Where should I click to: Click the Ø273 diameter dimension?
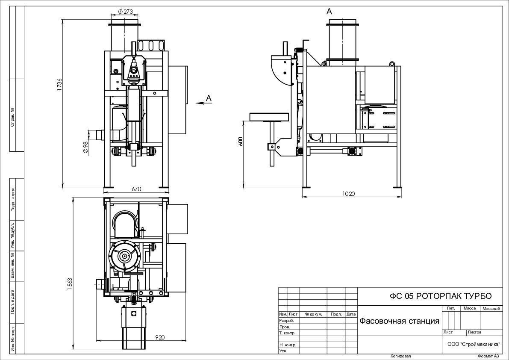[125, 12]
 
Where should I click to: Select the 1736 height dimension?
[59, 85]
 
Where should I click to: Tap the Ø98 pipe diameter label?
[86, 148]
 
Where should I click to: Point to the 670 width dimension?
[137, 189]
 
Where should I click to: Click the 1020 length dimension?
[349, 194]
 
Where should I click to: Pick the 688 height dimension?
[241, 141]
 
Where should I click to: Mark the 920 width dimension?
[160, 337]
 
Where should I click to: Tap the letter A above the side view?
[329, 12]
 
